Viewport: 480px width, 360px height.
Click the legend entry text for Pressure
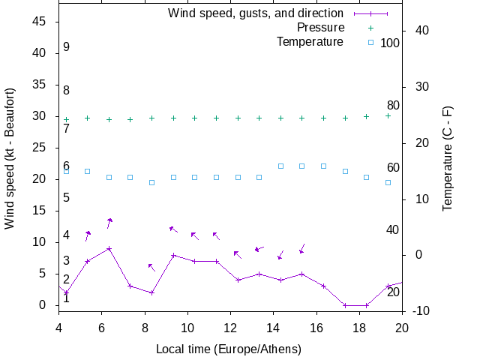[310, 27]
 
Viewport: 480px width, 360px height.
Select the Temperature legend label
[310, 41]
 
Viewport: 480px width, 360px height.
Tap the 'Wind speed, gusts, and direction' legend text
[256, 13]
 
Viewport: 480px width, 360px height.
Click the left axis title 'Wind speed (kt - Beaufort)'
[10, 158]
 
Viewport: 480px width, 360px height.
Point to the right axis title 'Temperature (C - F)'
[447, 158]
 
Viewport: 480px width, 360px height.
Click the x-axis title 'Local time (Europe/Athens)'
[229, 349]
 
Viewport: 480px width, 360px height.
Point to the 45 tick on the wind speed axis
[40, 22]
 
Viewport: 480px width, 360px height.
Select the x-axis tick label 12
[230, 327]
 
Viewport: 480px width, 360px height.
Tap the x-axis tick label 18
[359, 327]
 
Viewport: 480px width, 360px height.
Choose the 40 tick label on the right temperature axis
[421, 31]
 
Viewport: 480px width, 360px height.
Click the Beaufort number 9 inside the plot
[67, 47]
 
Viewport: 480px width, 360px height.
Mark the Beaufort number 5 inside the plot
[67, 198]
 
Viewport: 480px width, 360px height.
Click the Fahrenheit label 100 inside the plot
[390, 43]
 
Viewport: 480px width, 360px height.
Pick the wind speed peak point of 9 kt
[109, 248]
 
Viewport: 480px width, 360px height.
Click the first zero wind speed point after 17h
[345, 305]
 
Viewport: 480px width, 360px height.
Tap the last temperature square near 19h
[388, 182]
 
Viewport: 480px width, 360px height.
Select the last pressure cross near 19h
[388, 115]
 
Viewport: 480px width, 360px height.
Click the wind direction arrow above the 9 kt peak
[109, 222]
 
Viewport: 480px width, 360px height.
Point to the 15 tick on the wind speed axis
[40, 211]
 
